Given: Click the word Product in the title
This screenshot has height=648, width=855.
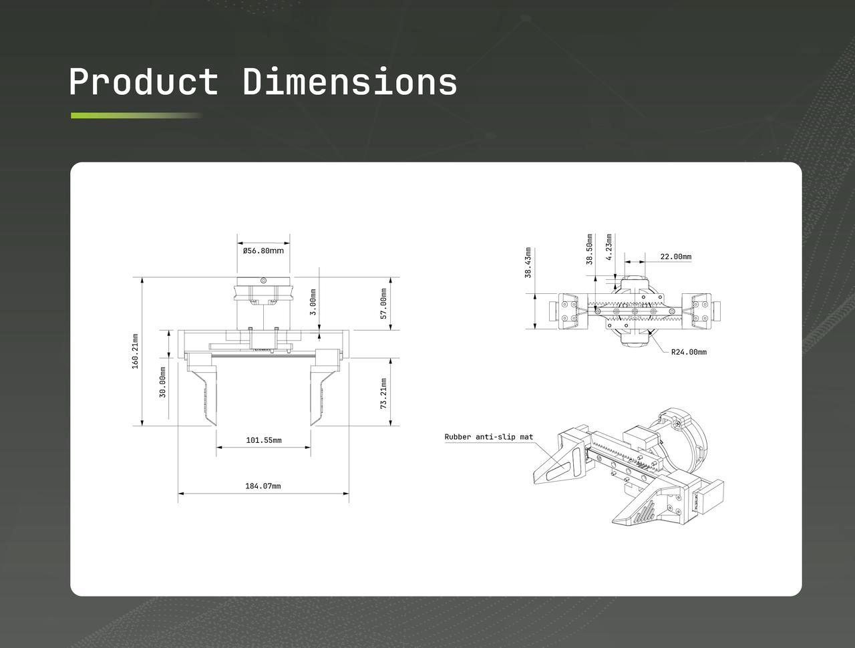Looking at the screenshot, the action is click(x=144, y=82).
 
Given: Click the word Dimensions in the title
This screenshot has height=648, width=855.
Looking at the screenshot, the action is click(x=350, y=81).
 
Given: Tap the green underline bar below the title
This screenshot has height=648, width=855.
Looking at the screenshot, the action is click(x=136, y=116).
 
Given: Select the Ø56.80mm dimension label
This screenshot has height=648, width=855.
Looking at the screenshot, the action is click(x=263, y=251).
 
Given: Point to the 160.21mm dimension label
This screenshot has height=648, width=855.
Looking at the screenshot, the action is click(x=135, y=351).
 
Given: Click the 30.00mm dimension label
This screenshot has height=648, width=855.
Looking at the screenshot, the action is click(x=162, y=382).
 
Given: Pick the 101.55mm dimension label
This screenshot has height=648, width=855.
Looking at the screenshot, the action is click(x=264, y=440).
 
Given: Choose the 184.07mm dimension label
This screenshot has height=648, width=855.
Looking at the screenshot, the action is click(x=263, y=486).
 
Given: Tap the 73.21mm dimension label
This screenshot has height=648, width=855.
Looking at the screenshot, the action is click(x=383, y=393).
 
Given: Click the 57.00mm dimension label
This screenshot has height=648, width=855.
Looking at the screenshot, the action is click(x=383, y=304).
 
